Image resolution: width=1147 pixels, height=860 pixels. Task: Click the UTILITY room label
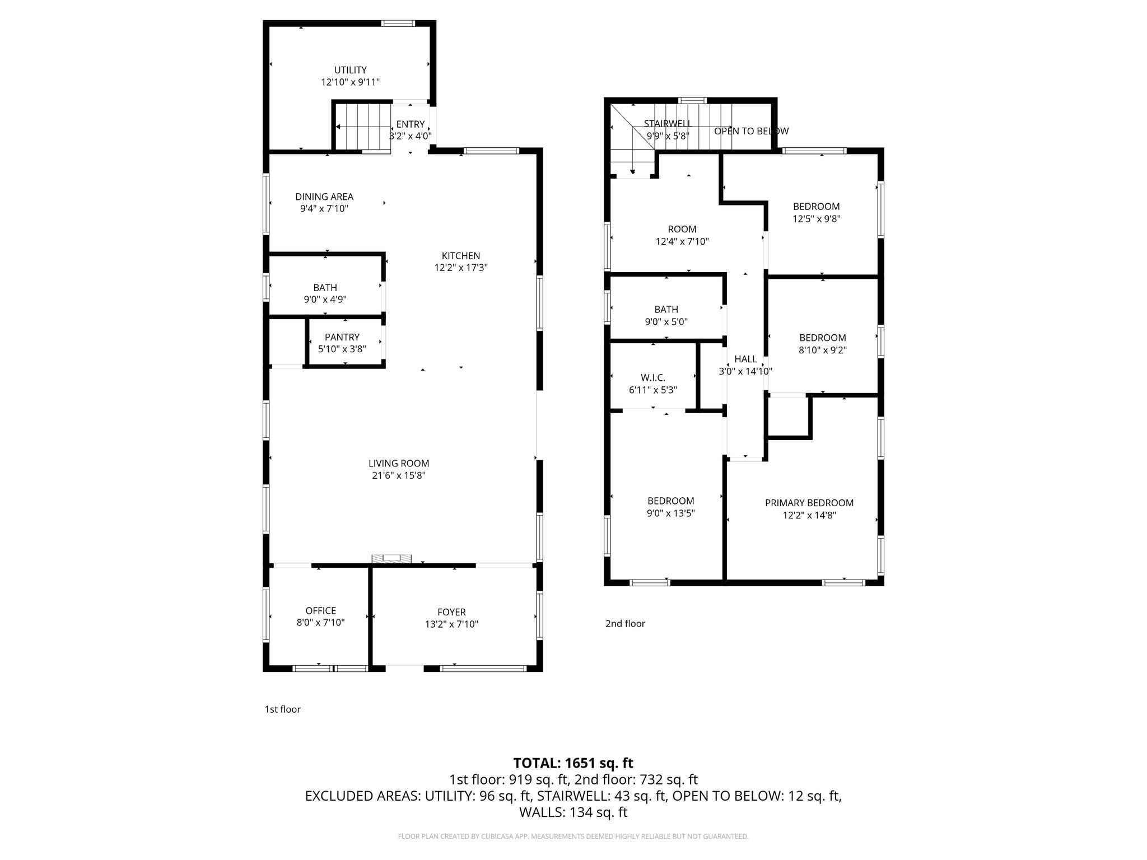(350, 70)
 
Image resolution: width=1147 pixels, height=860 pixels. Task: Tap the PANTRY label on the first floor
(342, 337)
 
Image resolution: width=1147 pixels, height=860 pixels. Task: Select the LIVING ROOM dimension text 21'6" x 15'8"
(399, 475)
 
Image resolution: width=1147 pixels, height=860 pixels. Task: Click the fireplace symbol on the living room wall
(391, 558)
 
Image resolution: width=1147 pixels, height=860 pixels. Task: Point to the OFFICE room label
(320, 611)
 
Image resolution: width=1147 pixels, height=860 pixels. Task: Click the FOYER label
(451, 613)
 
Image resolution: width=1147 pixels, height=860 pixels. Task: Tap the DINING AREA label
(324, 197)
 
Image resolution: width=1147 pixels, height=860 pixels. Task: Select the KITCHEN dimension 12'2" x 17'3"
(461, 268)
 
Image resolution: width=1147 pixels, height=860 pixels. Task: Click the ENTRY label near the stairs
(411, 124)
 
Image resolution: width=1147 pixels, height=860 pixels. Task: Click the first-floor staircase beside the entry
(363, 127)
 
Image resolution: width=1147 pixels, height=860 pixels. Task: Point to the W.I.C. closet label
(653, 378)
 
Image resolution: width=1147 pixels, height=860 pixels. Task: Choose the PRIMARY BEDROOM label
(809, 503)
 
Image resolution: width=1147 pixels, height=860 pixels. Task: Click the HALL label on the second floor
(745, 359)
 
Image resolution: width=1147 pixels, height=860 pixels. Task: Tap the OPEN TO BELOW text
(751, 131)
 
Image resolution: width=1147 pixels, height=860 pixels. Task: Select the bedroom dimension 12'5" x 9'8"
(817, 219)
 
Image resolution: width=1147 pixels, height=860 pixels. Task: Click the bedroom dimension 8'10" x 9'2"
(822, 350)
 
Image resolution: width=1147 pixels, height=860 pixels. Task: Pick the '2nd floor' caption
(625, 623)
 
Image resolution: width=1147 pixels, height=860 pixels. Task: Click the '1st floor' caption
(282, 709)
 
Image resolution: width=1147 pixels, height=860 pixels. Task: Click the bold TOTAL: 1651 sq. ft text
(573, 763)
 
